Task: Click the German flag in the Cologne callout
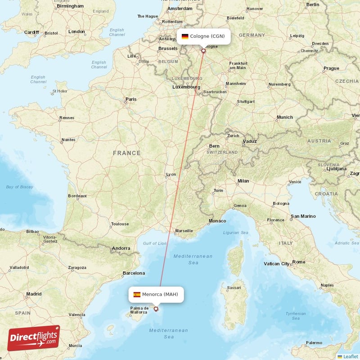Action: [185, 36]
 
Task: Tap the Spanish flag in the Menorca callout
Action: [137, 295]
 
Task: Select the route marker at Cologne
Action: [203, 51]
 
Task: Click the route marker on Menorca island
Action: [156, 309]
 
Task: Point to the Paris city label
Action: [131, 99]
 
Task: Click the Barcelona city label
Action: [134, 273]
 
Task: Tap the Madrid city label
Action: [34, 294]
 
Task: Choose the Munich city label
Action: [284, 117]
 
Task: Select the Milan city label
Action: [243, 181]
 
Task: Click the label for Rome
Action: [299, 262]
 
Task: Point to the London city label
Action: [76, 32]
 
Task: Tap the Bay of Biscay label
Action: [20, 187]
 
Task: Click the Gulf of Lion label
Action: [154, 243]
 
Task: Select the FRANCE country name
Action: [127, 153]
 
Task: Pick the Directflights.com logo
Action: [33, 337]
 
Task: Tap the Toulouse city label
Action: [120, 224]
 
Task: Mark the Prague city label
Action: [331, 68]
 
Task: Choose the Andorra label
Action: [121, 248]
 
